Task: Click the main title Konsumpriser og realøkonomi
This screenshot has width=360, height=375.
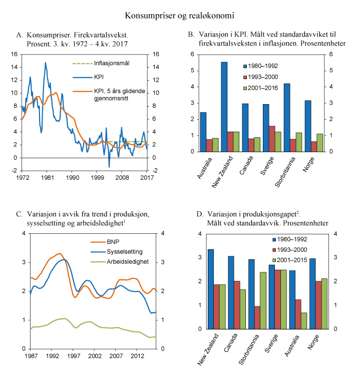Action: (x=180, y=16)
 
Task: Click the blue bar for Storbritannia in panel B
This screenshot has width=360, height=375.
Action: (x=287, y=118)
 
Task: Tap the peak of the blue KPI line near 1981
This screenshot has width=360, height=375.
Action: (x=46, y=63)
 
